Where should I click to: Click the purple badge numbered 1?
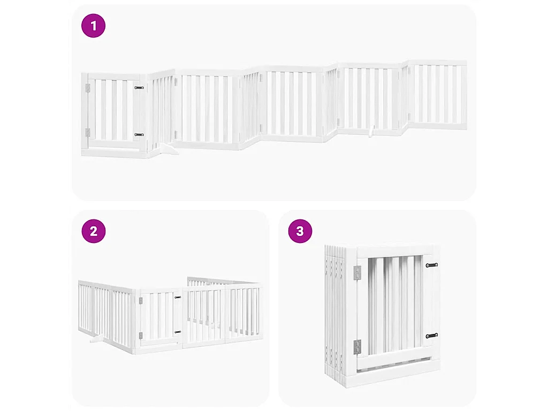click(x=94, y=26)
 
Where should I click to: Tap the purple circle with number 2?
click(x=94, y=231)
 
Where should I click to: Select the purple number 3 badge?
click(x=300, y=231)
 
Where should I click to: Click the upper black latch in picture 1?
click(x=139, y=87)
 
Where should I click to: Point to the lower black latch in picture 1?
click(x=139, y=135)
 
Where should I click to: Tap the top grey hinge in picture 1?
click(x=88, y=88)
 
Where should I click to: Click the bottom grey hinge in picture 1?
click(x=88, y=132)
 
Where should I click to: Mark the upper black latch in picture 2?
click(x=178, y=297)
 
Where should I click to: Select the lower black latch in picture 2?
click(x=178, y=332)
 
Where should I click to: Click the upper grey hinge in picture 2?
click(x=141, y=300)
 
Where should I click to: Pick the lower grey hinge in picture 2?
click(x=141, y=336)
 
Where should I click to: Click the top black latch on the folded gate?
click(x=431, y=265)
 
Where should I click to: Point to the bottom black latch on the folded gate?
click(x=431, y=336)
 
